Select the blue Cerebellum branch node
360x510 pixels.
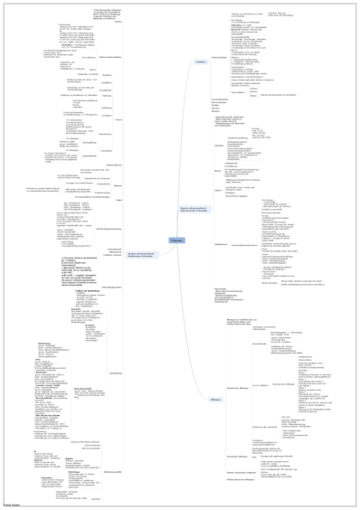[201, 61]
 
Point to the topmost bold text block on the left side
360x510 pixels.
[106, 14]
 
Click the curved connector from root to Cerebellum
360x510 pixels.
[190, 145]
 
